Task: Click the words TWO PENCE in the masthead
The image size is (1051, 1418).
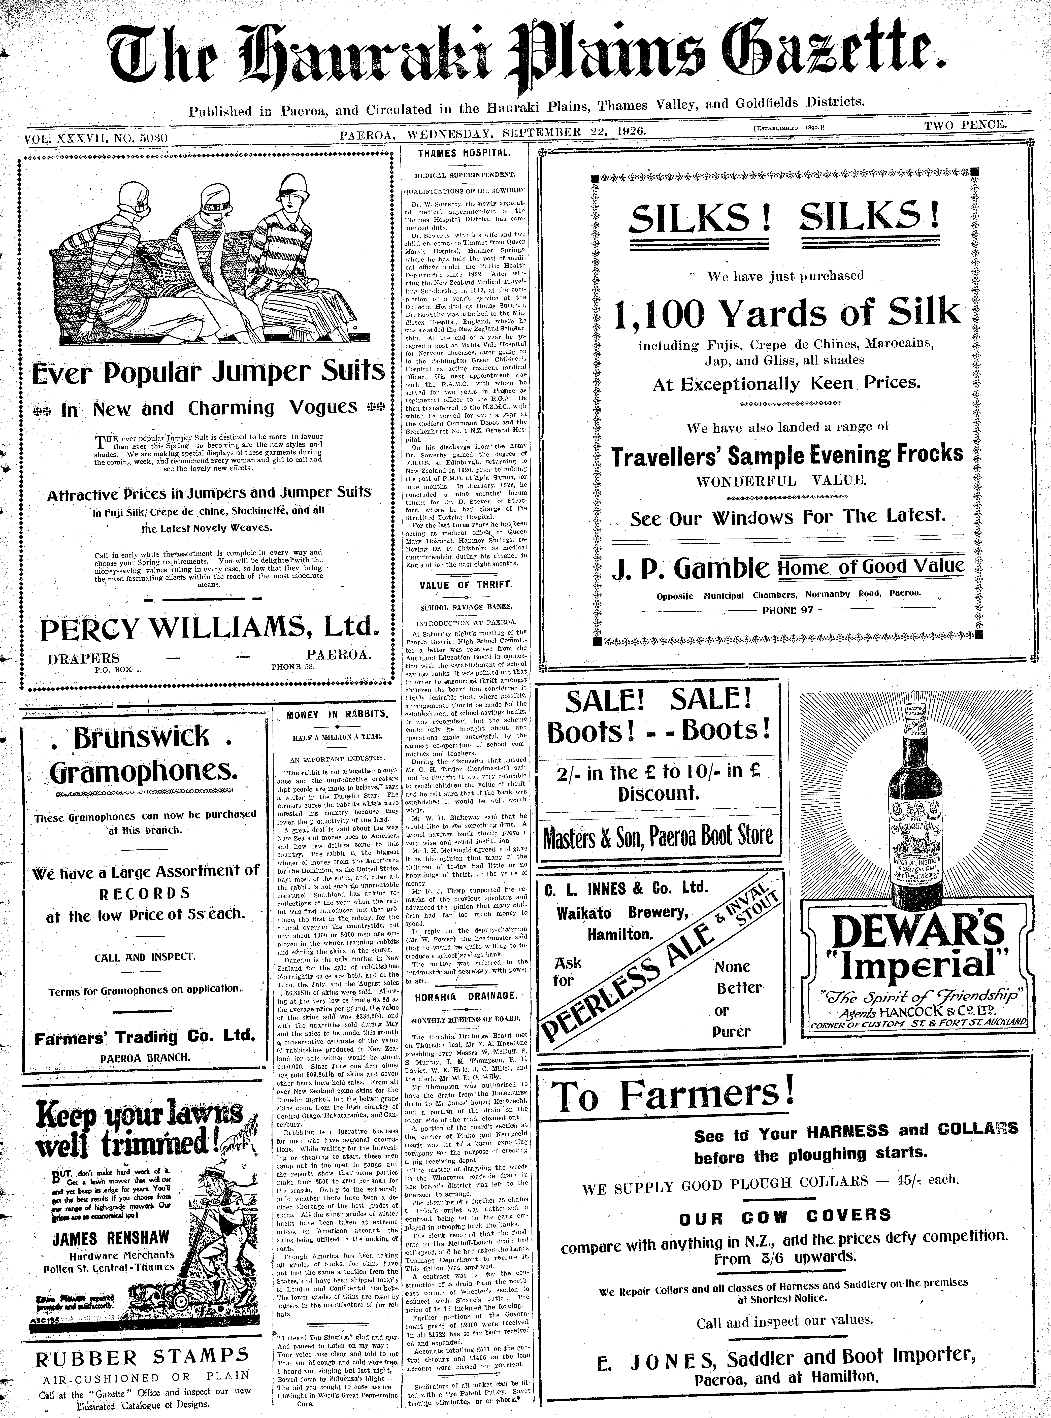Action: (x=965, y=125)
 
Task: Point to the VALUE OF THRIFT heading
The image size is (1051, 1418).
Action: (x=466, y=585)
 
